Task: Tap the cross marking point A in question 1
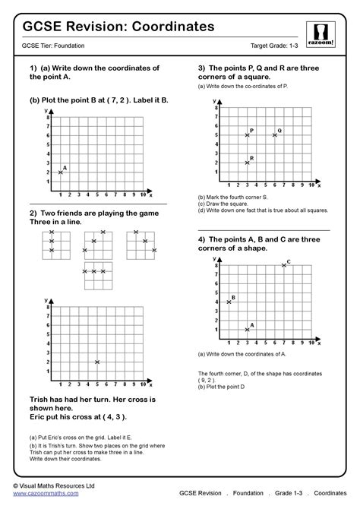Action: point(60,172)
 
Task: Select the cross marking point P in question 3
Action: point(248,135)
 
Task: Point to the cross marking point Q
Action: point(274,135)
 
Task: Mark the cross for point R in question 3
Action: point(248,163)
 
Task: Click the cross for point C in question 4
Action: point(283,265)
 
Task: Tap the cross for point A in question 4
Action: point(248,329)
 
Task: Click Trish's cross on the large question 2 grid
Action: point(96,362)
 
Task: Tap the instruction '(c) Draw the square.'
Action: point(222,203)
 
